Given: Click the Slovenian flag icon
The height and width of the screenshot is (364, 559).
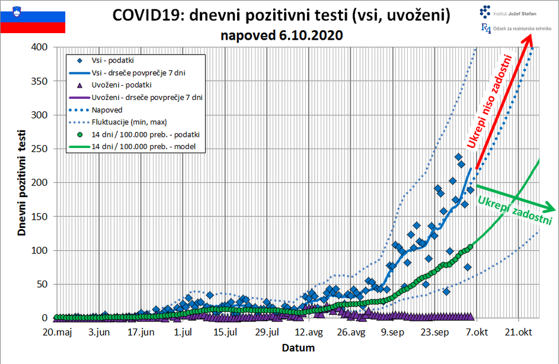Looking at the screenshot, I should pyautogui.click(x=33, y=18).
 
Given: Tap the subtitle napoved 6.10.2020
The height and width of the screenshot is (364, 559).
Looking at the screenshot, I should pyautogui.click(x=282, y=35).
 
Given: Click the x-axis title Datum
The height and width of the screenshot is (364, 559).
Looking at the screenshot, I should pyautogui.click(x=298, y=347).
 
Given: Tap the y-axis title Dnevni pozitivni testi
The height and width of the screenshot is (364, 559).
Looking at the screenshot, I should pyautogui.click(x=22, y=184).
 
